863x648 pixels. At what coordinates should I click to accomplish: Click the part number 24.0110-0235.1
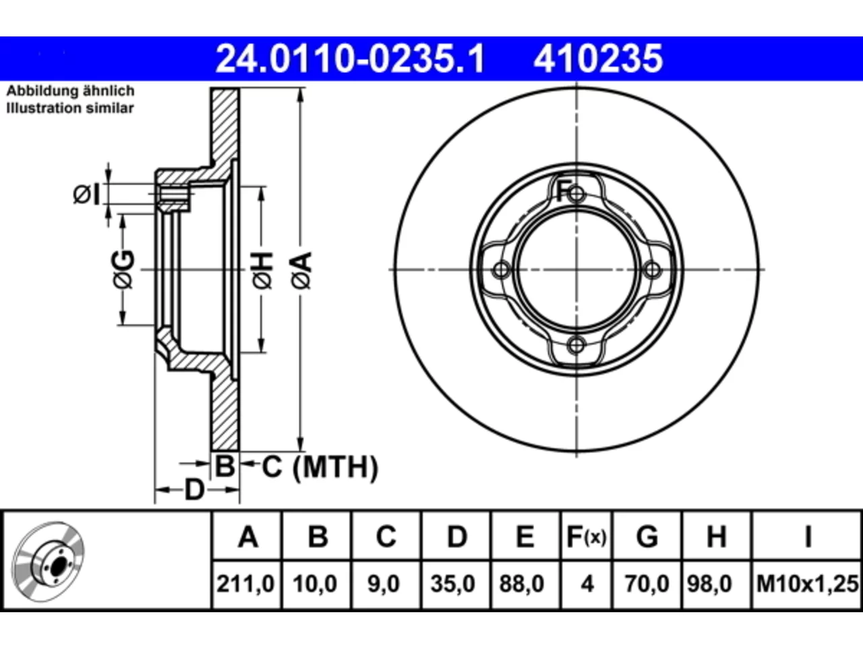[x=350, y=59]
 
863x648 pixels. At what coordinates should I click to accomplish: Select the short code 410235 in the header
[x=598, y=59]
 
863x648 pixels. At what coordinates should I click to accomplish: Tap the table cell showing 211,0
[x=245, y=584]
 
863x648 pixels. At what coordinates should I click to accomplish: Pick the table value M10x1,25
[x=808, y=584]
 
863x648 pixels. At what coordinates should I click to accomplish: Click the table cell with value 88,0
[x=522, y=584]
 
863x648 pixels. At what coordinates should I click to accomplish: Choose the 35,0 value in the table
[x=453, y=584]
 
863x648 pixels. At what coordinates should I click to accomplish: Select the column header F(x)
[x=587, y=537]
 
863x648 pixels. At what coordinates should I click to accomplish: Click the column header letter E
[x=525, y=537]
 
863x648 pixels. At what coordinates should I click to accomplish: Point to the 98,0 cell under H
[x=710, y=584]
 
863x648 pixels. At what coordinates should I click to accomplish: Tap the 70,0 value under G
[x=647, y=584]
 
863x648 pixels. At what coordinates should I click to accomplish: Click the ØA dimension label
[x=302, y=270]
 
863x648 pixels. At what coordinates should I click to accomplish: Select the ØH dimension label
[x=262, y=270]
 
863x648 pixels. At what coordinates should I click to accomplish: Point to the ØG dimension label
[x=123, y=269]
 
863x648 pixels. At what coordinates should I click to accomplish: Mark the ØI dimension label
[x=86, y=194]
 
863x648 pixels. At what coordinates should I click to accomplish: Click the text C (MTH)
[x=320, y=467]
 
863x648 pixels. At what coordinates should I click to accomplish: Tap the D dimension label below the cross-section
[x=195, y=490]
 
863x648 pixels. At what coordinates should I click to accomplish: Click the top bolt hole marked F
[x=576, y=194]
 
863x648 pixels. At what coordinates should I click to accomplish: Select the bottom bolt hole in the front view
[x=576, y=346]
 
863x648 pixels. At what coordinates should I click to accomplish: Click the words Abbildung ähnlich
[x=70, y=91]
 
